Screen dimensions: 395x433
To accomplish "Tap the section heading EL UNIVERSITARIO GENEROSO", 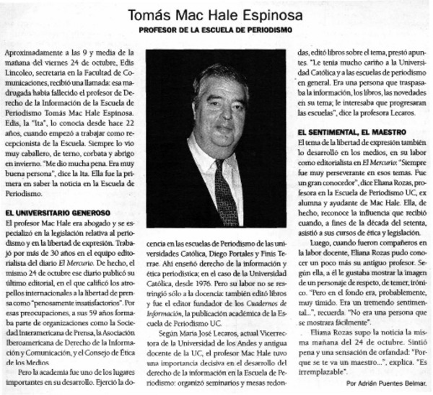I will [x=57, y=213].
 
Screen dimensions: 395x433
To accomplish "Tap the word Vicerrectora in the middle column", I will [x=264, y=335].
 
